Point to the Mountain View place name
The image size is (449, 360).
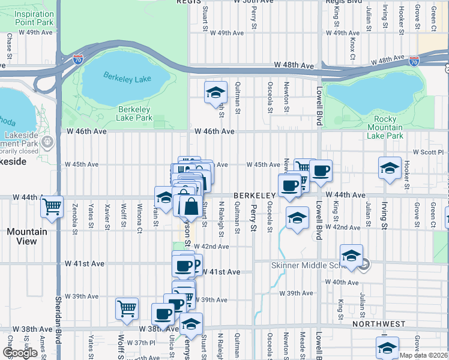[26, 236]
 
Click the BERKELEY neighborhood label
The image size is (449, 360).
[254, 196]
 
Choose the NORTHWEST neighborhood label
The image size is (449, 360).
[379, 324]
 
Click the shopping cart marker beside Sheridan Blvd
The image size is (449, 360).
[52, 207]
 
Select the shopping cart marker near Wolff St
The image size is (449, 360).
[127, 308]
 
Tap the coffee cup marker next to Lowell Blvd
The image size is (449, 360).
[321, 170]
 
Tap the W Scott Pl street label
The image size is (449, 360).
[428, 152]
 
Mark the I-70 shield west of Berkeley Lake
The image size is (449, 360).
[77, 59]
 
